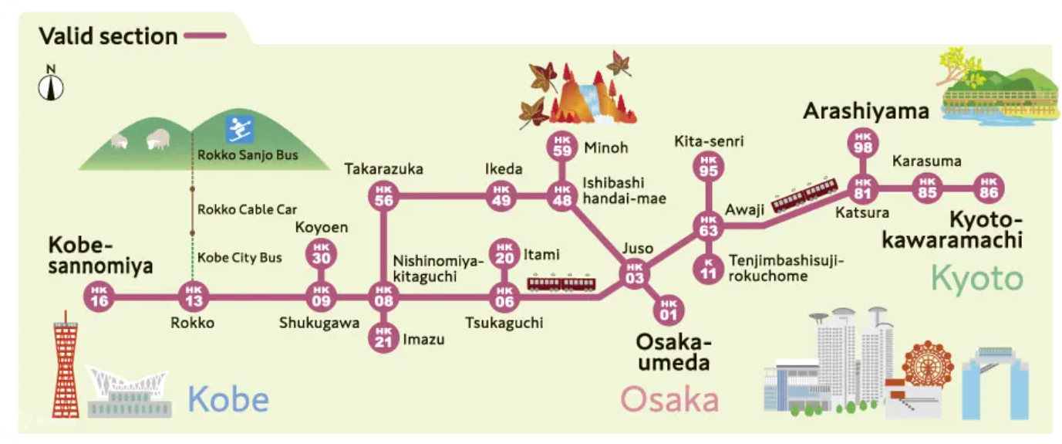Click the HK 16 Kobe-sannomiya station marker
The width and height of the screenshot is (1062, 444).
[99, 297]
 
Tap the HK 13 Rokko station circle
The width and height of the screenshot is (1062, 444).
[192, 297]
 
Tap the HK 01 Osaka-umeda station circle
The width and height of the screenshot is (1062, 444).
[669, 310]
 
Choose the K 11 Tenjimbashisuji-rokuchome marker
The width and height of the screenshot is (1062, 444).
[709, 267]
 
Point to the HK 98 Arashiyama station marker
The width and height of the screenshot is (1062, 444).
[861, 144]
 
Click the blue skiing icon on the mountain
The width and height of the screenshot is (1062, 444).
[239, 130]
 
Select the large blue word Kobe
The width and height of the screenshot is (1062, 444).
[228, 400]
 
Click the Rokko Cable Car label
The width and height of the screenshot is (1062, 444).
[247, 209]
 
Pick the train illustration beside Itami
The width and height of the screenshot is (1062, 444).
[561, 283]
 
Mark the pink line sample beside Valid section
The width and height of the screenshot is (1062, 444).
[205, 36]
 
